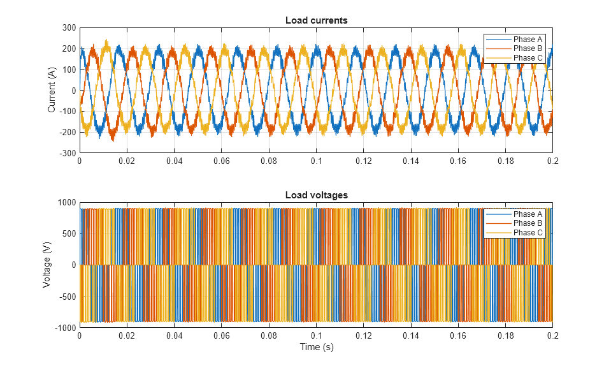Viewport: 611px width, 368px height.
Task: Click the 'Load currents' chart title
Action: pos(316,20)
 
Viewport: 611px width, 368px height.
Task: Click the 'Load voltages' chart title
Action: pos(316,195)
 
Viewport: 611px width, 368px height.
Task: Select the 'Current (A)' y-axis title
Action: pos(52,90)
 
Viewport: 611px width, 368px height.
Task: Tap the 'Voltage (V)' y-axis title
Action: pos(47,265)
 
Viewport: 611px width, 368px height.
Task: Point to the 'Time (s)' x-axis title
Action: pos(316,348)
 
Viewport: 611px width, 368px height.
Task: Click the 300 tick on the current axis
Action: pos(69,28)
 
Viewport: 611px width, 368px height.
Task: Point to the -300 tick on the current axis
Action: pos(68,153)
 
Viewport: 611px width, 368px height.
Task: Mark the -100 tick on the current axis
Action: pos(68,112)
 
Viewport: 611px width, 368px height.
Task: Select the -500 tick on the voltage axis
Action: pos(68,296)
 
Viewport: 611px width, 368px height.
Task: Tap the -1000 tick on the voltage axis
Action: pos(66,327)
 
